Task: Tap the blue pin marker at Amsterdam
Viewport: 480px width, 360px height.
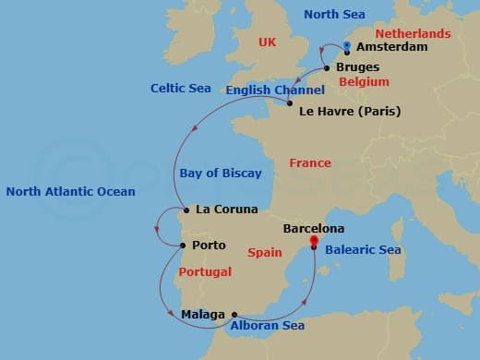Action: (x=346, y=46)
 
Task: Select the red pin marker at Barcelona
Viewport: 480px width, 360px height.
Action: (x=314, y=243)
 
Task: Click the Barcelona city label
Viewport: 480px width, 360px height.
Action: (x=314, y=228)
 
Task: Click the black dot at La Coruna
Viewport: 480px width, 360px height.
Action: (x=186, y=210)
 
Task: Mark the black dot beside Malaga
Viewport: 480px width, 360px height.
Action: (x=234, y=314)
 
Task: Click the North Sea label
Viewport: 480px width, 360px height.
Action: (x=334, y=15)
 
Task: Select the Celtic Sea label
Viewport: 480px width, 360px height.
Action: (x=181, y=88)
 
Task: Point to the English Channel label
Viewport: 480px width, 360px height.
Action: (x=275, y=90)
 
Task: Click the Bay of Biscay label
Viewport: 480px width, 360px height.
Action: (x=221, y=173)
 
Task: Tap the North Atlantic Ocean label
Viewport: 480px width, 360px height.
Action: (x=70, y=192)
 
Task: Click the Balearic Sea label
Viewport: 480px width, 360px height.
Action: (x=364, y=249)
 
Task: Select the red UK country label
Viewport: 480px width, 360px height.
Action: (x=268, y=42)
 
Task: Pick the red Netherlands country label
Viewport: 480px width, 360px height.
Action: (x=413, y=33)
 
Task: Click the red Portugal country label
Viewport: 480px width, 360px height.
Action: (x=204, y=272)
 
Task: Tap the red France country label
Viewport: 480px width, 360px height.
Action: (x=309, y=162)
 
